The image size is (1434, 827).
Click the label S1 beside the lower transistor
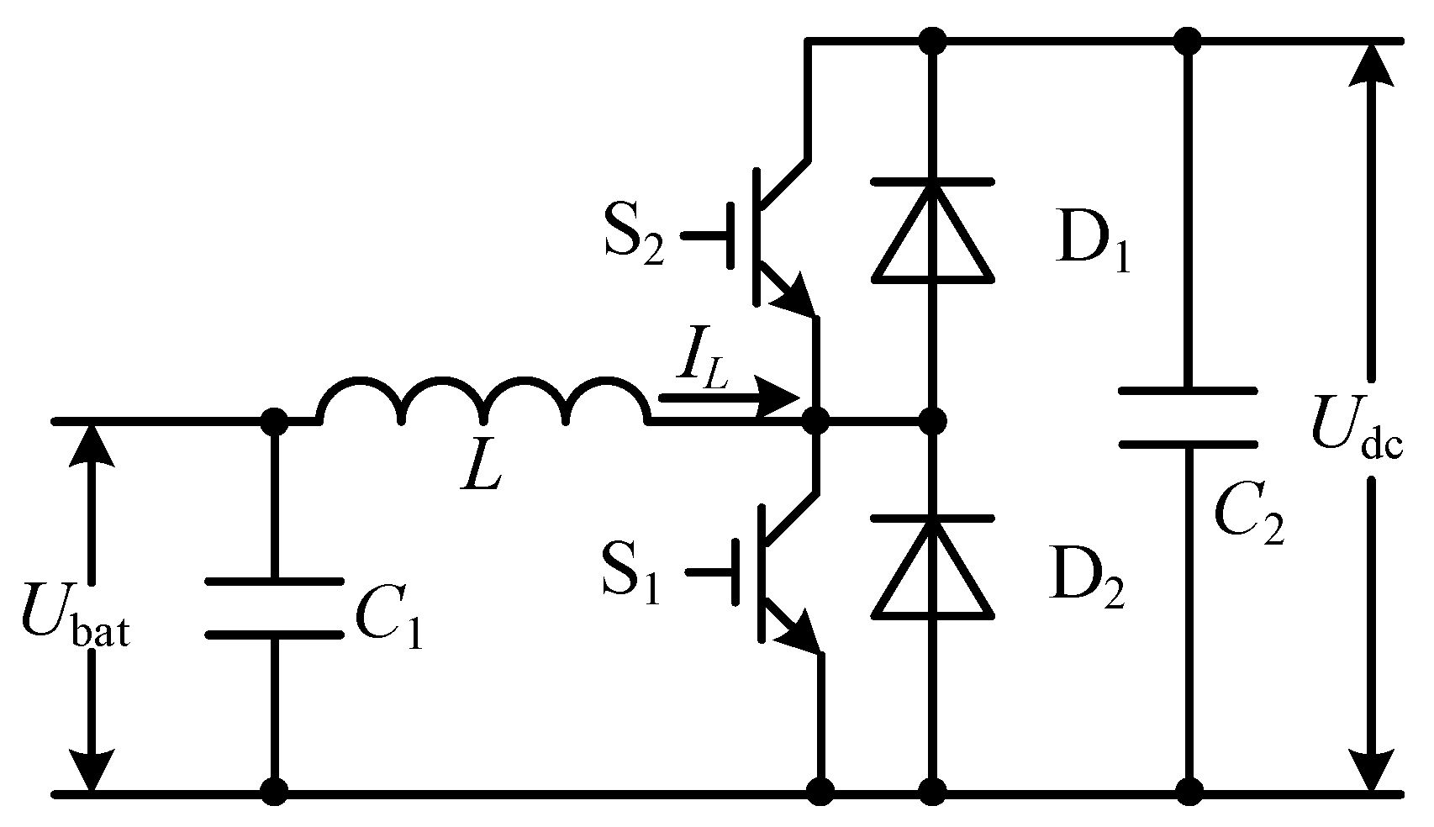[631, 574]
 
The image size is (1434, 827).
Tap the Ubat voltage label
[74, 622]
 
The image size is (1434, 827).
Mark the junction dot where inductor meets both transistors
[815, 419]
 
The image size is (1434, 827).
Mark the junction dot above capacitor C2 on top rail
[1188, 40]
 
